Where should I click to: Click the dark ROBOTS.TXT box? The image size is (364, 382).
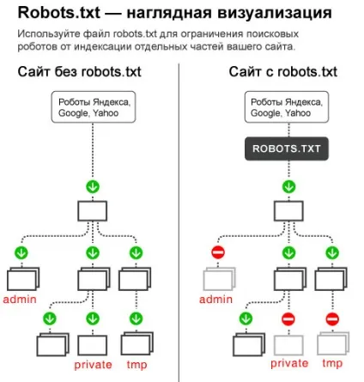coord(287,149)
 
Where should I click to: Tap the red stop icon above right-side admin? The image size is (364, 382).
coord(218,252)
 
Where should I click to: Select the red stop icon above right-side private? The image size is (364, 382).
coord(288,318)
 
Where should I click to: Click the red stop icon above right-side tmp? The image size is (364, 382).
coord(332,318)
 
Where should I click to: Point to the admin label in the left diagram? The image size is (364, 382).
coord(20,300)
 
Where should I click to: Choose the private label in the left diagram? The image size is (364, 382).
coord(93,365)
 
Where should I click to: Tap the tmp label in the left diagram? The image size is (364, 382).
coord(136,365)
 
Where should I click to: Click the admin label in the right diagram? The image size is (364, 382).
coord(215,300)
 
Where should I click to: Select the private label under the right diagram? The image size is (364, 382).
coord(289,363)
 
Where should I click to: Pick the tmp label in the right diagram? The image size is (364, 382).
coord(332,363)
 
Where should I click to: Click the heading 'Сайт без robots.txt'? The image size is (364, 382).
coord(80,71)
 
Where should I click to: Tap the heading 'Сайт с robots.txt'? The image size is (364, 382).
coord(283,71)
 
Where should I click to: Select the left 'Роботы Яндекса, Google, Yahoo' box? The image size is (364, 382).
coord(94,107)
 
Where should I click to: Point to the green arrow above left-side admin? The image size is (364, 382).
coord(21,252)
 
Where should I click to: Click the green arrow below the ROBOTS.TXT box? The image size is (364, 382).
coord(288,187)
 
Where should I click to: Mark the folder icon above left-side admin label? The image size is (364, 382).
coord(23,279)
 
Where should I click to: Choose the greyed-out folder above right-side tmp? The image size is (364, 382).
coord(333,343)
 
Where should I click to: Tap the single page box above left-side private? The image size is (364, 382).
coord(93,345)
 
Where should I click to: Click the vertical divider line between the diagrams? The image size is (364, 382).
coord(179,222)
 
